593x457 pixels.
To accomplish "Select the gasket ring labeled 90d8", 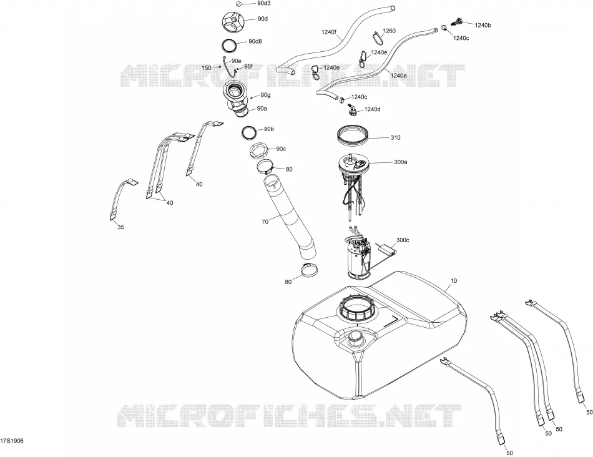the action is pos(230,45).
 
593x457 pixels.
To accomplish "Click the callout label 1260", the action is pos(389,31).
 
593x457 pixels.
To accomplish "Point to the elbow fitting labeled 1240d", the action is pos(351,110).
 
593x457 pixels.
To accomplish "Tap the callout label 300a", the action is pos(401,162).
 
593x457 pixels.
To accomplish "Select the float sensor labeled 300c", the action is pos(387,248).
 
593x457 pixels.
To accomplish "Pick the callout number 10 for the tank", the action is pos(454,281).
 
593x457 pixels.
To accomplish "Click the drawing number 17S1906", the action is pos(12,441).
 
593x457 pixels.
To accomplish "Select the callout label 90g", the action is pos(265,95).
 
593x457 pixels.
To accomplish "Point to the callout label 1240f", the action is pos(329,32).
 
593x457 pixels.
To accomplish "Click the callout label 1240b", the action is pos(483,26).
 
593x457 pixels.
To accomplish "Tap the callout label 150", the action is pos(207,68).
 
